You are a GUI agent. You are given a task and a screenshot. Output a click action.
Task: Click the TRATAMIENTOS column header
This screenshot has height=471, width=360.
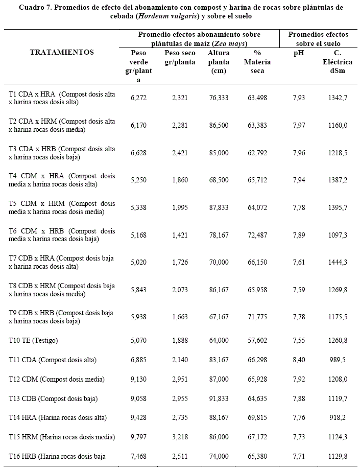pyautogui.click(x=62, y=52)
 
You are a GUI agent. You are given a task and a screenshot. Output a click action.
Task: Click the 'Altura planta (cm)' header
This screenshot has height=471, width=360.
pyautogui.click(x=219, y=62)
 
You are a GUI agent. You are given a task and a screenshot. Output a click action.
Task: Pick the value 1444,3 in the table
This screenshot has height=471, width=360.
pyautogui.click(x=338, y=262)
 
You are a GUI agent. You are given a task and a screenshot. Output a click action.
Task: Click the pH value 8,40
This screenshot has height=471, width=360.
pyautogui.click(x=299, y=360)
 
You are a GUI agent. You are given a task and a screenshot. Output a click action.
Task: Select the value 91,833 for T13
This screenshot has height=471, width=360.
pyautogui.click(x=219, y=398)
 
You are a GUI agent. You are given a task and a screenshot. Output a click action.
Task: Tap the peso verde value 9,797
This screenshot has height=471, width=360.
pyautogui.click(x=139, y=437)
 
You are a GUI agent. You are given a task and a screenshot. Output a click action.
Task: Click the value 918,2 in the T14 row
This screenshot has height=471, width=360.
pyautogui.click(x=338, y=417)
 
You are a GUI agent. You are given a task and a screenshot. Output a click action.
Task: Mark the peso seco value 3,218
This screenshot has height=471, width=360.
pyautogui.click(x=180, y=437)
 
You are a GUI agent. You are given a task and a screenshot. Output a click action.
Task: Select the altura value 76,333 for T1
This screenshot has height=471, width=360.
pyautogui.click(x=219, y=98)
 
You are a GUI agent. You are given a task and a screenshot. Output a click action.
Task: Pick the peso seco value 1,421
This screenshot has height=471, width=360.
pyautogui.click(x=180, y=234)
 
